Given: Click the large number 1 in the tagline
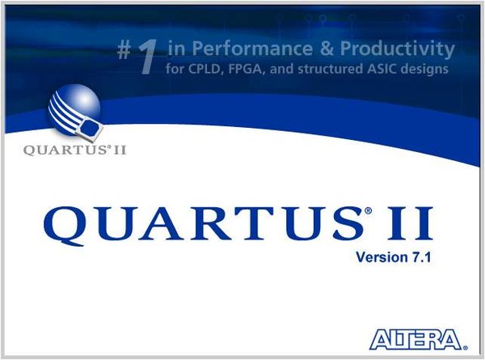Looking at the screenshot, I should click(146, 59).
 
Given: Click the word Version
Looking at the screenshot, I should click(377, 257).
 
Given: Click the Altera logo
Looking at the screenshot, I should click(418, 337).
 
